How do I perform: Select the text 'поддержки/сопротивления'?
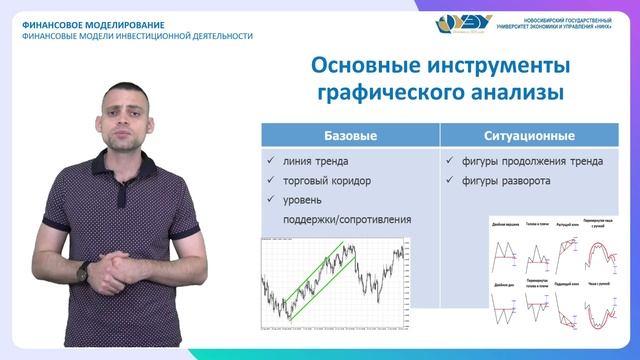347,219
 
